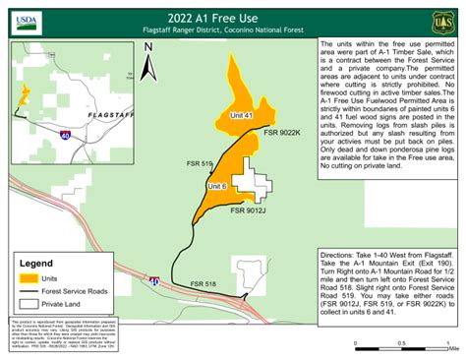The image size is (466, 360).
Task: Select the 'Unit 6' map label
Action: pyautogui.click(x=218, y=186)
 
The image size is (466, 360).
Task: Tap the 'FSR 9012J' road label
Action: pyautogui.click(x=252, y=210)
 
